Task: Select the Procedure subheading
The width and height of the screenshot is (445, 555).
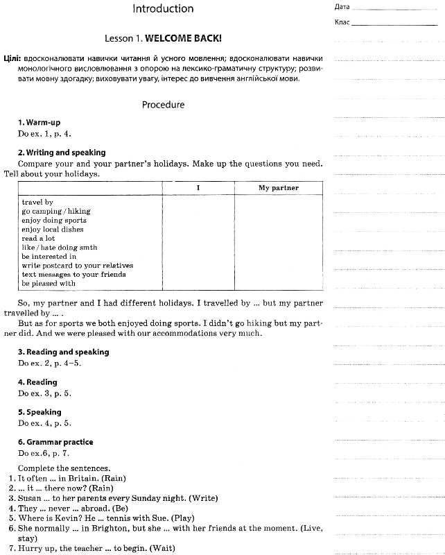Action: click(163, 105)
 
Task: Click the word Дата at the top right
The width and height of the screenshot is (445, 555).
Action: click(342, 7)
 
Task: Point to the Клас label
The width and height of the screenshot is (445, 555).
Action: click(342, 22)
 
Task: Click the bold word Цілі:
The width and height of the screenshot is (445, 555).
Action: click(11, 60)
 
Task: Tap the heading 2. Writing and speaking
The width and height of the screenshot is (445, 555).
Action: click(62, 153)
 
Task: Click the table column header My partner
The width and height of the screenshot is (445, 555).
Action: click(279, 188)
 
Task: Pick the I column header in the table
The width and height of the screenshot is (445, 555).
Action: click(198, 188)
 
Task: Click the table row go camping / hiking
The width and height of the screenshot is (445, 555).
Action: click(56, 211)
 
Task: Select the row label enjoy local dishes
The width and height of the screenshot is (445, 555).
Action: click(53, 229)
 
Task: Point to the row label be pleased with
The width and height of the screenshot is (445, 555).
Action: click(49, 283)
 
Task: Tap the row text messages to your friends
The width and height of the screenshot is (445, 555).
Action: click(74, 274)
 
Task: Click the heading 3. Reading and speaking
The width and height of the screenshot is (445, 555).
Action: click(63, 352)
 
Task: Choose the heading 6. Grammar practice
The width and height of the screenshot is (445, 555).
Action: click(55, 442)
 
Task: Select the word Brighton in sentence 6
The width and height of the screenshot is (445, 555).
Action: click(108, 528)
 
